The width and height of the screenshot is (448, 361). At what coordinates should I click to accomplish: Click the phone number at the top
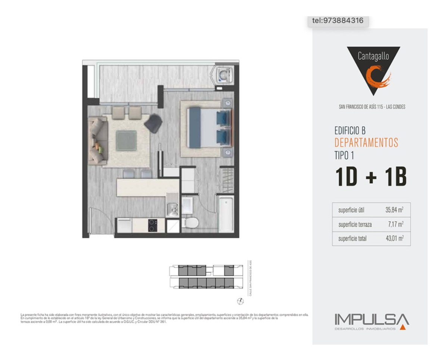pos(337,21)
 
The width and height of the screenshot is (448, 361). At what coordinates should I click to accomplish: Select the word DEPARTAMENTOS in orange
pos(366,142)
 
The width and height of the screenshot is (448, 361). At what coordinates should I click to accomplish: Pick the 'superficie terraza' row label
pos(355,224)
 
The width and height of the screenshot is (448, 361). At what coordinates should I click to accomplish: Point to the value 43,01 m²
pos(394,238)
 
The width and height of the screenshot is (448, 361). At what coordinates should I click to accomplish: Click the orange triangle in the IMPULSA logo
pos(402,327)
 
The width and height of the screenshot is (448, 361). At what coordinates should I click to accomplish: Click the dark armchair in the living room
pos(153,123)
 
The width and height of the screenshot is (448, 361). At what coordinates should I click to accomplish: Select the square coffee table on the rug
pos(126,140)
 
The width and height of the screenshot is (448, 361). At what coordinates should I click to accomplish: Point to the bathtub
pos(225,215)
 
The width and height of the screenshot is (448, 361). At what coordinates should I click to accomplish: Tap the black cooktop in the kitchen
pos(152,225)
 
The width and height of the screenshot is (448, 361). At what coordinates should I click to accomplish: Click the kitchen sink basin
pos(172,210)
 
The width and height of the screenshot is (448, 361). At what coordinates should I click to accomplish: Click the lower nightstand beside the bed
pos(227,152)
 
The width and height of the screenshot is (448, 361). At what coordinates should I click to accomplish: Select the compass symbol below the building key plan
pos(241,301)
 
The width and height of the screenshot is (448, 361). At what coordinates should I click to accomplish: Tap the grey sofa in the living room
pos(98,140)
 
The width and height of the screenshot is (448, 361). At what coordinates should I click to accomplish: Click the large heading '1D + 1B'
pos(371,177)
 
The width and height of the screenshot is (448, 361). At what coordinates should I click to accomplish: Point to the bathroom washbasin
pos(187,205)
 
